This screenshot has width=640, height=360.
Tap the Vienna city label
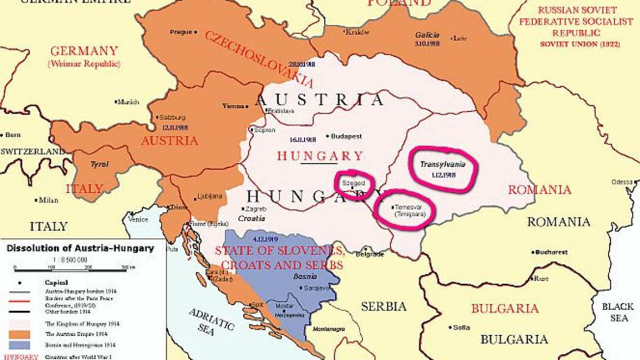[x=232, y=106]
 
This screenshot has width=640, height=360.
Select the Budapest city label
[x=346, y=137]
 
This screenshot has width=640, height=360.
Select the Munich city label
[x=128, y=101]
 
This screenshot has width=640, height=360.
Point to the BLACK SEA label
[x=618, y=312]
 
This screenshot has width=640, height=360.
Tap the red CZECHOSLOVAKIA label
[x=259, y=59]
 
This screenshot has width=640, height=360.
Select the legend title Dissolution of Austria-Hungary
[x=80, y=248]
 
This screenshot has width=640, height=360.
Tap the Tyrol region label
[x=100, y=164]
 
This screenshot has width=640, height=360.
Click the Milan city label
[x=48, y=200]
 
